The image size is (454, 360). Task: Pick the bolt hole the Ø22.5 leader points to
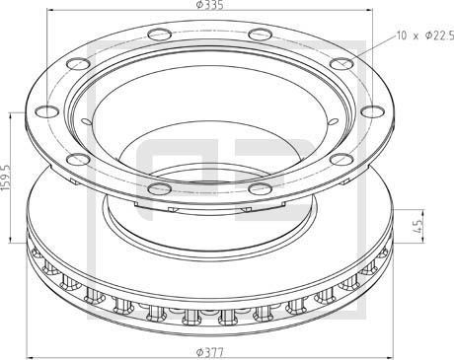point(340,65)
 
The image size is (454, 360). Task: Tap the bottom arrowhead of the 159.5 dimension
point(12,241)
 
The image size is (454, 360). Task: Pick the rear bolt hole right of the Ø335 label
point(260,36)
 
